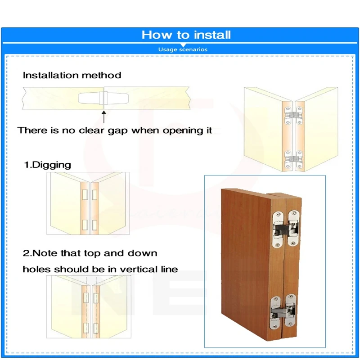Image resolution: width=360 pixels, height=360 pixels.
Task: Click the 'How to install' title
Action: point(186,35)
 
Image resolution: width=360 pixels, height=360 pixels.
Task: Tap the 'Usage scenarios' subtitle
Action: point(183,49)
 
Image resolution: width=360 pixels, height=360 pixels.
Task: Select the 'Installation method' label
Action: point(72,75)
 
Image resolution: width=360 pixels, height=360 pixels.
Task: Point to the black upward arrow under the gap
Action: point(104,117)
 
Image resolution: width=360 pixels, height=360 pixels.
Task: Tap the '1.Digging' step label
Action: point(47,165)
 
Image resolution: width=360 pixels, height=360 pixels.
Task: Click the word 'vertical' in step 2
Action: point(136,270)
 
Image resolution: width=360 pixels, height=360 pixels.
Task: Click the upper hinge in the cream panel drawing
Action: point(292,115)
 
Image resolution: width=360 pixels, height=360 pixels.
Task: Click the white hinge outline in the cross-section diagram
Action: point(104,97)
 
